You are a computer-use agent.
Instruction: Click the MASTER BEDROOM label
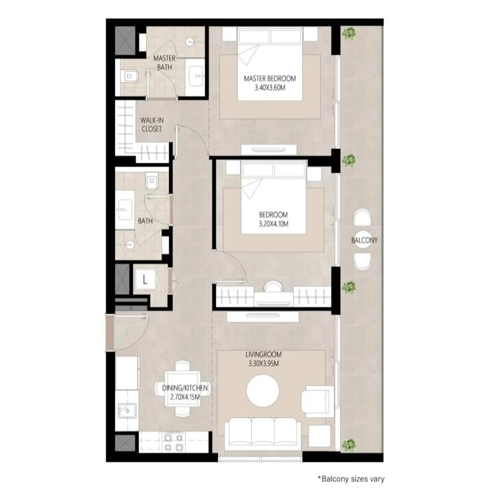click(270, 79)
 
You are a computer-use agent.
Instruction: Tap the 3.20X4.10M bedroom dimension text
click(273, 224)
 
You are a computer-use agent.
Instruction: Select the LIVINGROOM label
click(263, 355)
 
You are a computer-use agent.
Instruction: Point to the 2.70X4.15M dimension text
click(185, 397)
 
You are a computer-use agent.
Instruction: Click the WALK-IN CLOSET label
click(152, 124)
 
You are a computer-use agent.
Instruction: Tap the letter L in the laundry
click(145, 279)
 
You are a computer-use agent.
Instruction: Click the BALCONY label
click(364, 241)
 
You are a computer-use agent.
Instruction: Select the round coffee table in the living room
click(263, 391)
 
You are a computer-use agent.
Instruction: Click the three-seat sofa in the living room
click(263, 434)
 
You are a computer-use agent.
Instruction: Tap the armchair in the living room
click(318, 402)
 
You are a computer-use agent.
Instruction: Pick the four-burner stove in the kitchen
click(174, 443)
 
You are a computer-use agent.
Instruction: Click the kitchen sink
click(127, 410)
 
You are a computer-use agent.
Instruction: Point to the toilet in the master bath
click(129, 76)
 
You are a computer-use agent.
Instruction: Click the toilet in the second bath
click(152, 181)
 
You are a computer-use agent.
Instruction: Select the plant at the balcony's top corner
click(349, 33)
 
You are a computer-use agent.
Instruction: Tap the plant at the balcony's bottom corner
click(349, 445)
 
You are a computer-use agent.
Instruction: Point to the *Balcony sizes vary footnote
click(351, 479)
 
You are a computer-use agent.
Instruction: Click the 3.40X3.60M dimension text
click(270, 88)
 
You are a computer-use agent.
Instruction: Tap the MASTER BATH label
click(164, 63)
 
